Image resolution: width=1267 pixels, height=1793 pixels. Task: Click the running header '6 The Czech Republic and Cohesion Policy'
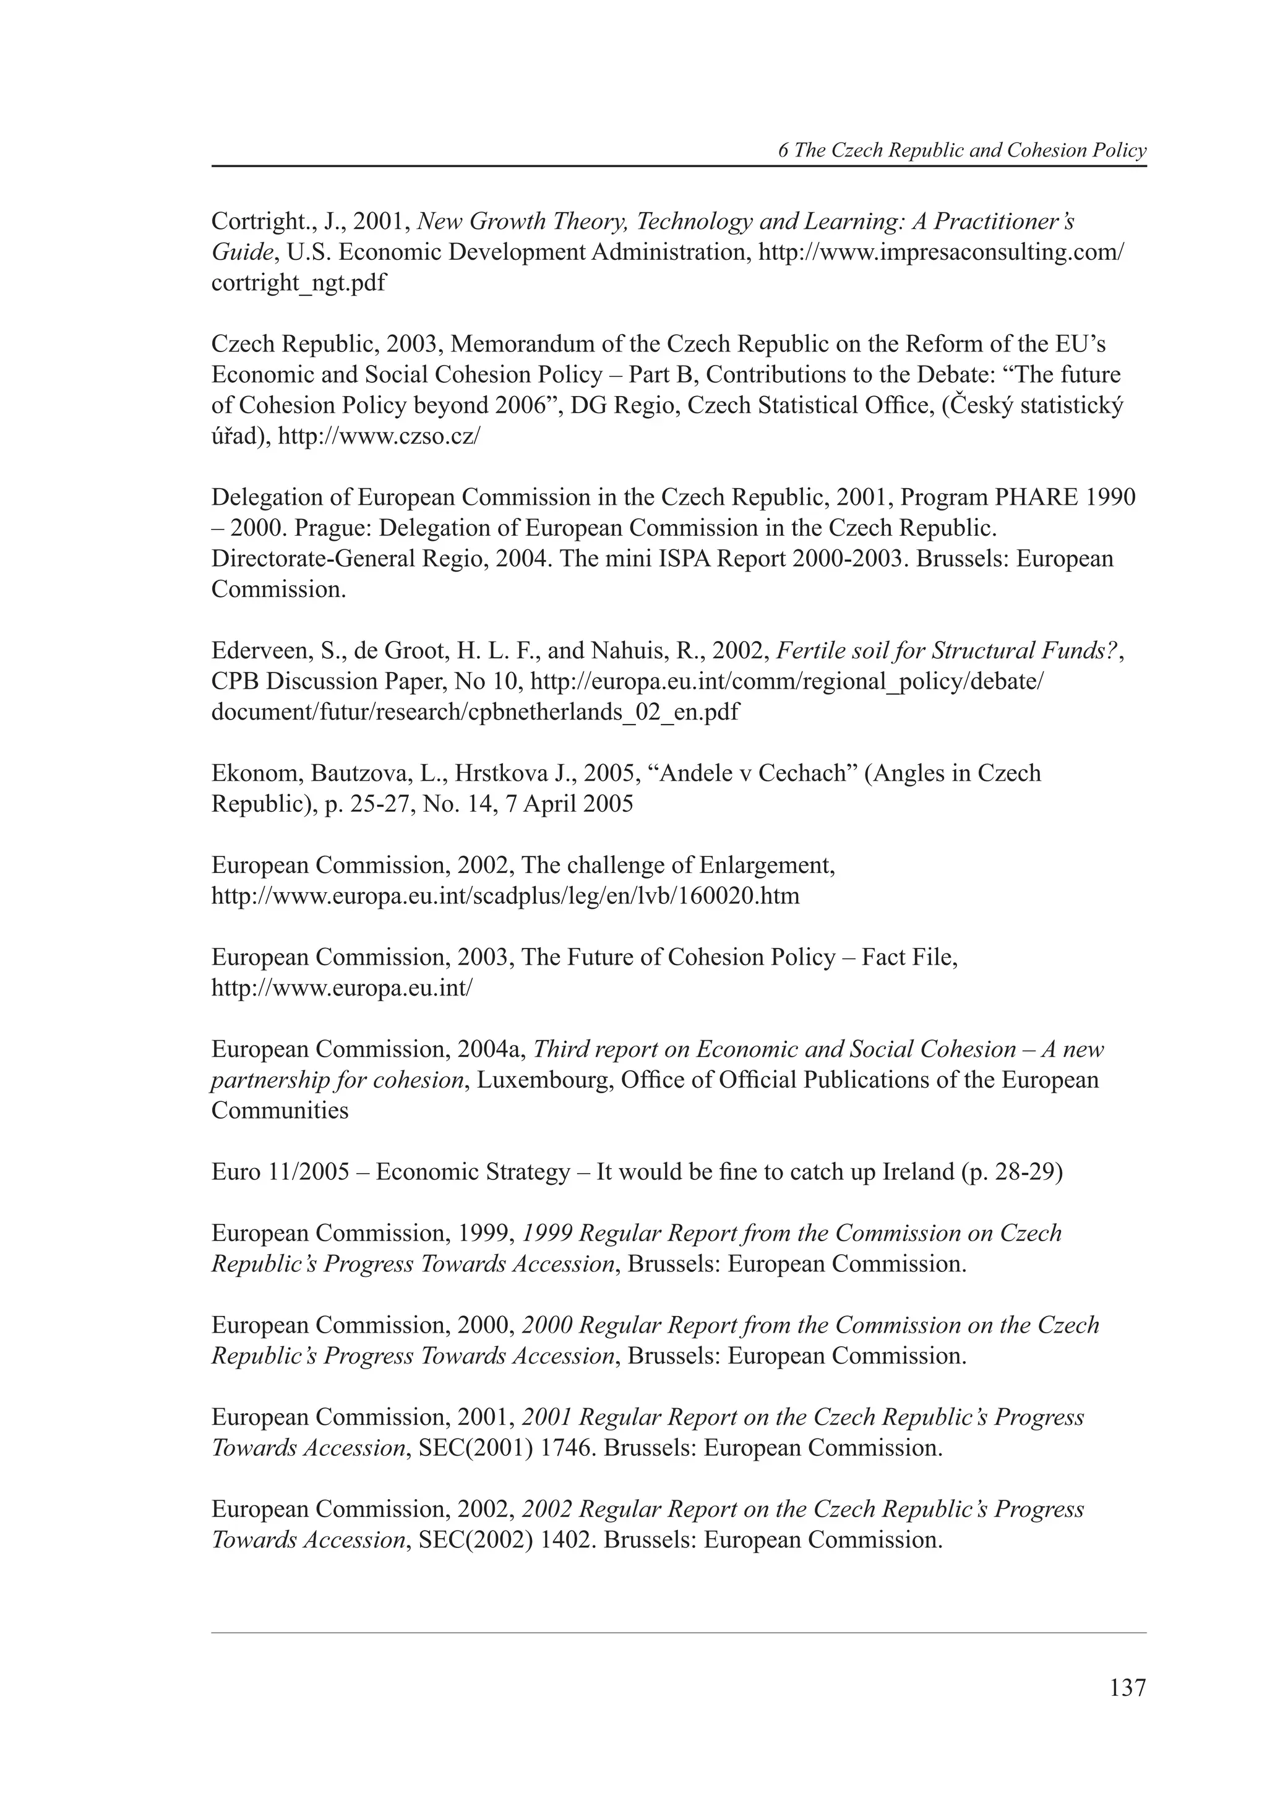[962, 151]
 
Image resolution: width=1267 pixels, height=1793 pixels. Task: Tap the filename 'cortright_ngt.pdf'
[298, 283]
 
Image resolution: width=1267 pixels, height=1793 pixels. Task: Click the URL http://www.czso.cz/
[379, 436]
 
